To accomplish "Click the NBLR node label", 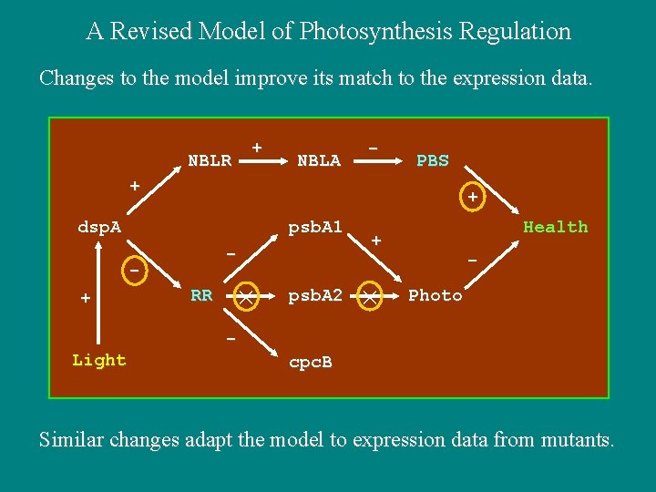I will [x=209, y=161].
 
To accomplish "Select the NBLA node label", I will [x=319, y=161].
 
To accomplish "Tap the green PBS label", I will [x=432, y=161].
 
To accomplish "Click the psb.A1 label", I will [x=314, y=227].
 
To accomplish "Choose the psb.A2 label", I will [x=314, y=295].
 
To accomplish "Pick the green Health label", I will [x=555, y=227].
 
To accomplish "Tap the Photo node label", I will [x=435, y=295].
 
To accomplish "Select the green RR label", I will [x=201, y=295].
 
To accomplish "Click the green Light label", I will [x=98, y=360].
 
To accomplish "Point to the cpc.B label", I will [x=310, y=363].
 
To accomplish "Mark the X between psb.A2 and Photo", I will [x=369, y=295].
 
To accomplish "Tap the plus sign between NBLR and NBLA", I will [x=257, y=147].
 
